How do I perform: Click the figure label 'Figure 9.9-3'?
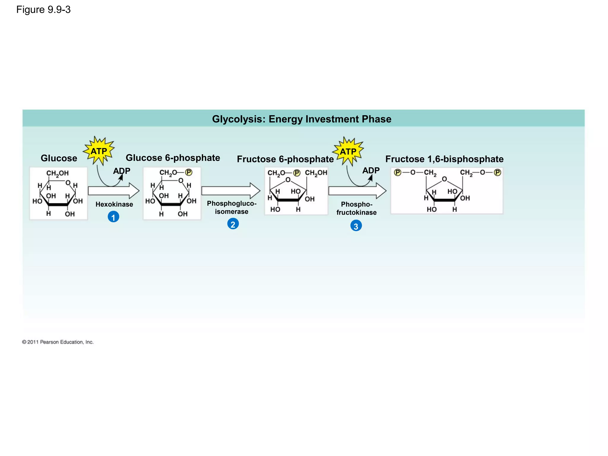[43, 10]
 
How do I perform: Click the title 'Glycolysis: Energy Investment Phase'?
[302, 119]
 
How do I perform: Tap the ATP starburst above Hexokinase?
[99, 151]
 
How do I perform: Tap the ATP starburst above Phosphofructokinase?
[348, 151]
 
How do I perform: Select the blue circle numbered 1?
[113, 217]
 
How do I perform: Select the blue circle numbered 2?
[233, 224]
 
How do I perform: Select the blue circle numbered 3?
[356, 226]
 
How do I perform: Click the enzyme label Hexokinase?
[114, 204]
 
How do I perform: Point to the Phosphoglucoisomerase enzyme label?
[232, 208]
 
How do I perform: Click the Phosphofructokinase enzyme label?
[357, 208]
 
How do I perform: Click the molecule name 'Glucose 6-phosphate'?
[173, 158]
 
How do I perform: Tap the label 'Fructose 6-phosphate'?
[285, 159]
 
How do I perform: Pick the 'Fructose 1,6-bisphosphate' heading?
[444, 159]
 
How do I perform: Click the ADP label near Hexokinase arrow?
[122, 171]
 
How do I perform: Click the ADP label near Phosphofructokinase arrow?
[371, 170]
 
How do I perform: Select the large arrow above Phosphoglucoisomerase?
[230, 191]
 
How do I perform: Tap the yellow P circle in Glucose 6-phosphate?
[189, 172]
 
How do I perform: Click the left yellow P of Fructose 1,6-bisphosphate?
[398, 172]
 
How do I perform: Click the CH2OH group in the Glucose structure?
[57, 173]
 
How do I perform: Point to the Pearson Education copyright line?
[58, 342]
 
